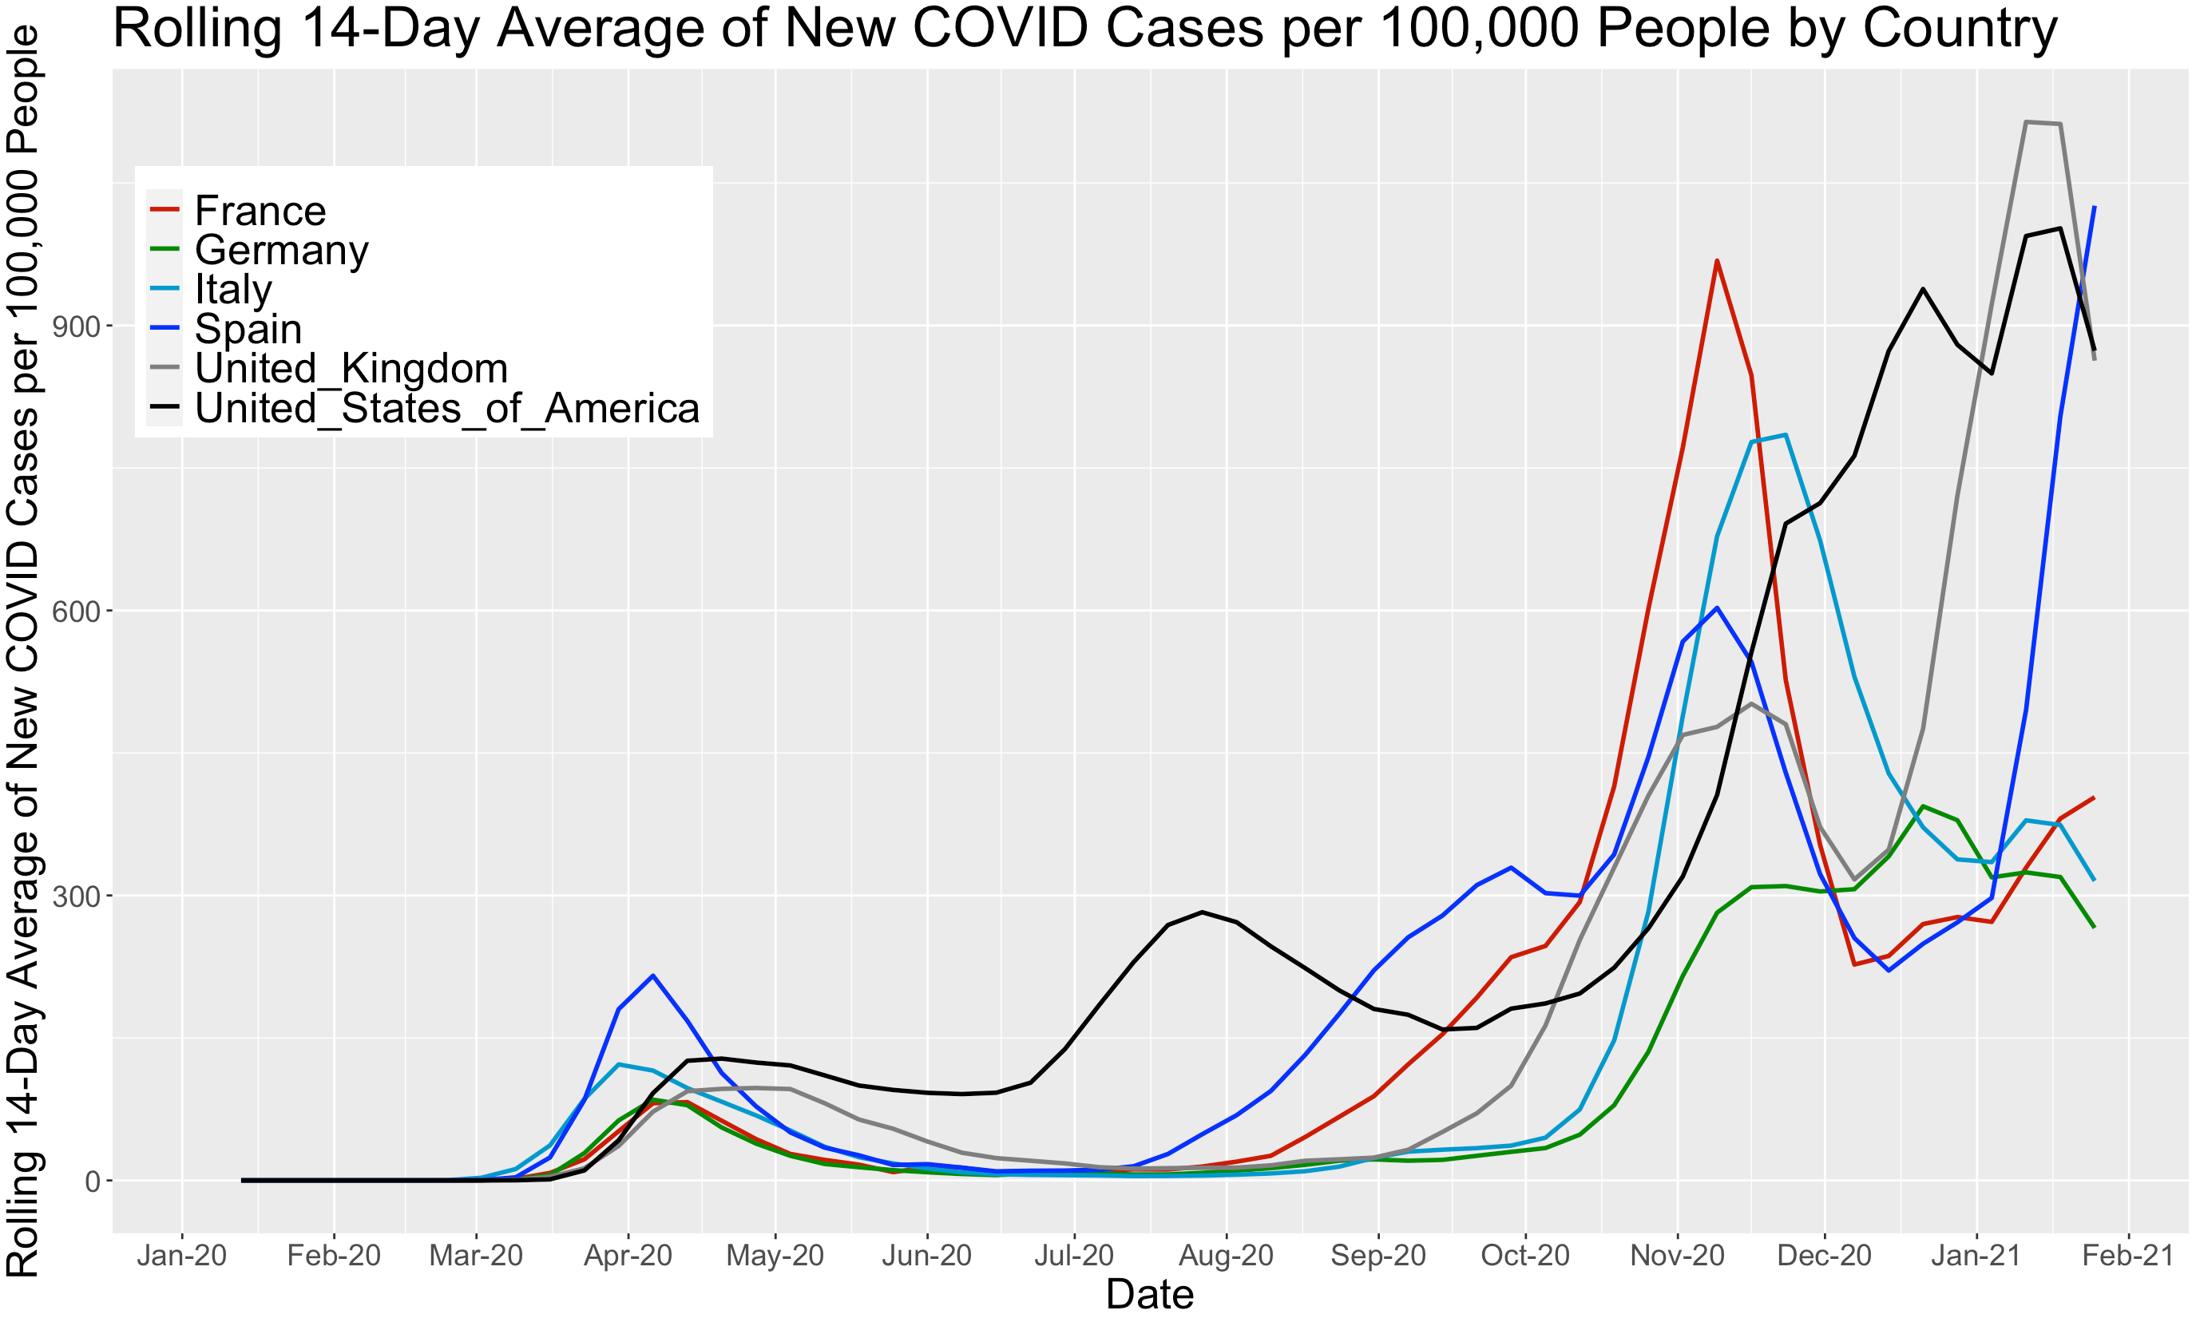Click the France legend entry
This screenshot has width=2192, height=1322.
coord(260,211)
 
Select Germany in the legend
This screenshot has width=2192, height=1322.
coord(281,250)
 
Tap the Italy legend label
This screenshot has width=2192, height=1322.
coord(233,289)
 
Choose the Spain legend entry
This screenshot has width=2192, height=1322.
coord(248,329)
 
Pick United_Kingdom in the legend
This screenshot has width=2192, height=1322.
coord(351,368)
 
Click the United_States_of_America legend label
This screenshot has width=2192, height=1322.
coord(446,409)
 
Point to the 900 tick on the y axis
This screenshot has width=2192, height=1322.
coord(76,327)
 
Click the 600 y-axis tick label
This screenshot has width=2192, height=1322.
coord(76,612)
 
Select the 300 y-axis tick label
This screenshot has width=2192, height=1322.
coord(76,896)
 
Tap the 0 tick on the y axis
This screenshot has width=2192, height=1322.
coord(92,1181)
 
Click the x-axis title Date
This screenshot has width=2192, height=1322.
coord(1149,1294)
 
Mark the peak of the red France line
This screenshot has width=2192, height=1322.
coord(1717,261)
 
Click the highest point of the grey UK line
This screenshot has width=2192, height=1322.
coord(2027,122)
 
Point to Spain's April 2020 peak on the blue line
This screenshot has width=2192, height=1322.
coord(653,975)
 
